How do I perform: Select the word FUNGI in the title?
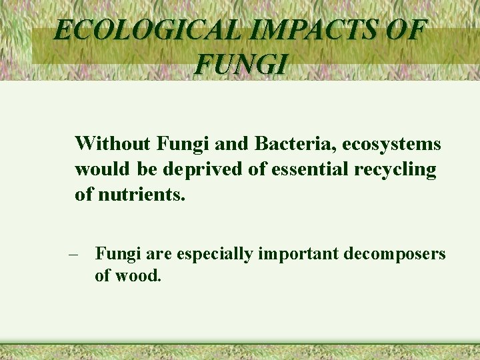[242, 65]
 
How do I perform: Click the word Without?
[113, 143]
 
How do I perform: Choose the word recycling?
[395, 170]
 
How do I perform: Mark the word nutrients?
[141, 196]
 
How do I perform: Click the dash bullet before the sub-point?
[74, 255]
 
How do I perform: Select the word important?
[300, 254]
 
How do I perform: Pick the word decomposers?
[395, 254]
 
